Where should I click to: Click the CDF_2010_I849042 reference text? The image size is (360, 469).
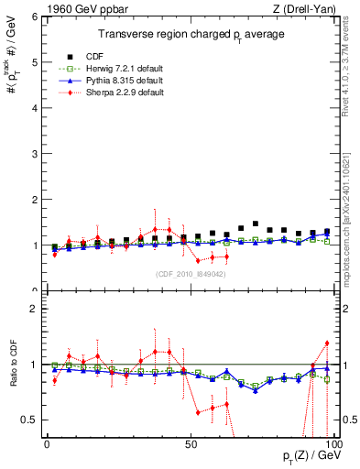pyautogui.click(x=189, y=273)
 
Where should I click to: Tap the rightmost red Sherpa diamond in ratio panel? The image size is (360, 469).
pyautogui.click(x=327, y=344)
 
